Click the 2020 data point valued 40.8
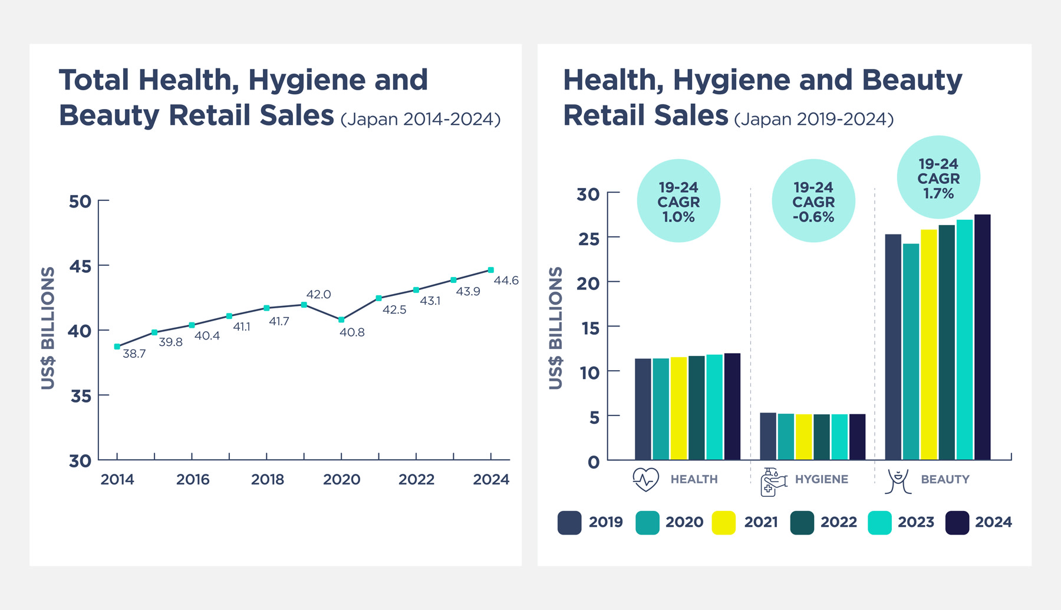coord(341,319)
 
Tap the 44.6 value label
coord(506,281)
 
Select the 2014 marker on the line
coord(117,347)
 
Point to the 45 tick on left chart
coord(80,266)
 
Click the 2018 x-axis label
coord(268,479)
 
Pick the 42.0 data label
coord(318,294)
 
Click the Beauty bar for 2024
coord(982,337)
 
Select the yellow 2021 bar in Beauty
coord(928,345)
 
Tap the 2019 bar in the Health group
coord(642,409)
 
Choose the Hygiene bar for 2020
coord(786,437)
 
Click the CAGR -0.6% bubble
coord(813,201)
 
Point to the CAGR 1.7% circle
coord(938,177)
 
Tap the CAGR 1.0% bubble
coord(678,201)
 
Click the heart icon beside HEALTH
coord(645,480)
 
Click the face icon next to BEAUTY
coord(898,481)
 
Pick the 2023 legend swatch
coord(879,523)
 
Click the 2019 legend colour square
coord(569,523)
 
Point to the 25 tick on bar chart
coord(588,239)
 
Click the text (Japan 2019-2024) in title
coord(813,119)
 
